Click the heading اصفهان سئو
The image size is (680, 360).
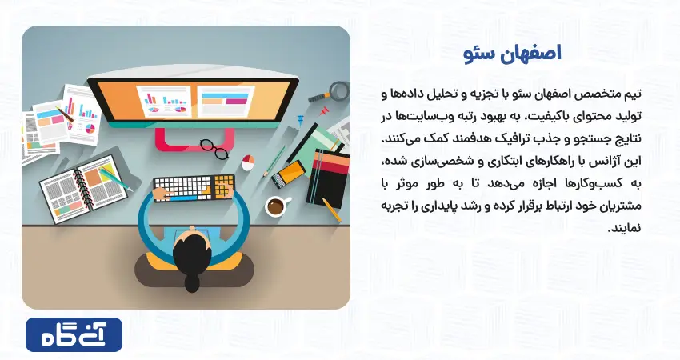point(512,54)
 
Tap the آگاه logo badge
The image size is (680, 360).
point(74,335)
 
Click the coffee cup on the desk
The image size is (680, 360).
point(276,206)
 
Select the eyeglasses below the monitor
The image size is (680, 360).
point(214,149)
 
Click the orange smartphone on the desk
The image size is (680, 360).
point(288,174)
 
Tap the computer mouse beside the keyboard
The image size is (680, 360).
point(248,162)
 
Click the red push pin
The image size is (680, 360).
point(323,112)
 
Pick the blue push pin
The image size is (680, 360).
point(300,120)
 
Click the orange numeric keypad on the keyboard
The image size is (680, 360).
point(222,186)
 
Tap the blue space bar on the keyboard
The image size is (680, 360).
point(183,199)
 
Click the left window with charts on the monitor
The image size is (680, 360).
point(164,101)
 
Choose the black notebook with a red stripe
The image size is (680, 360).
point(328,178)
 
